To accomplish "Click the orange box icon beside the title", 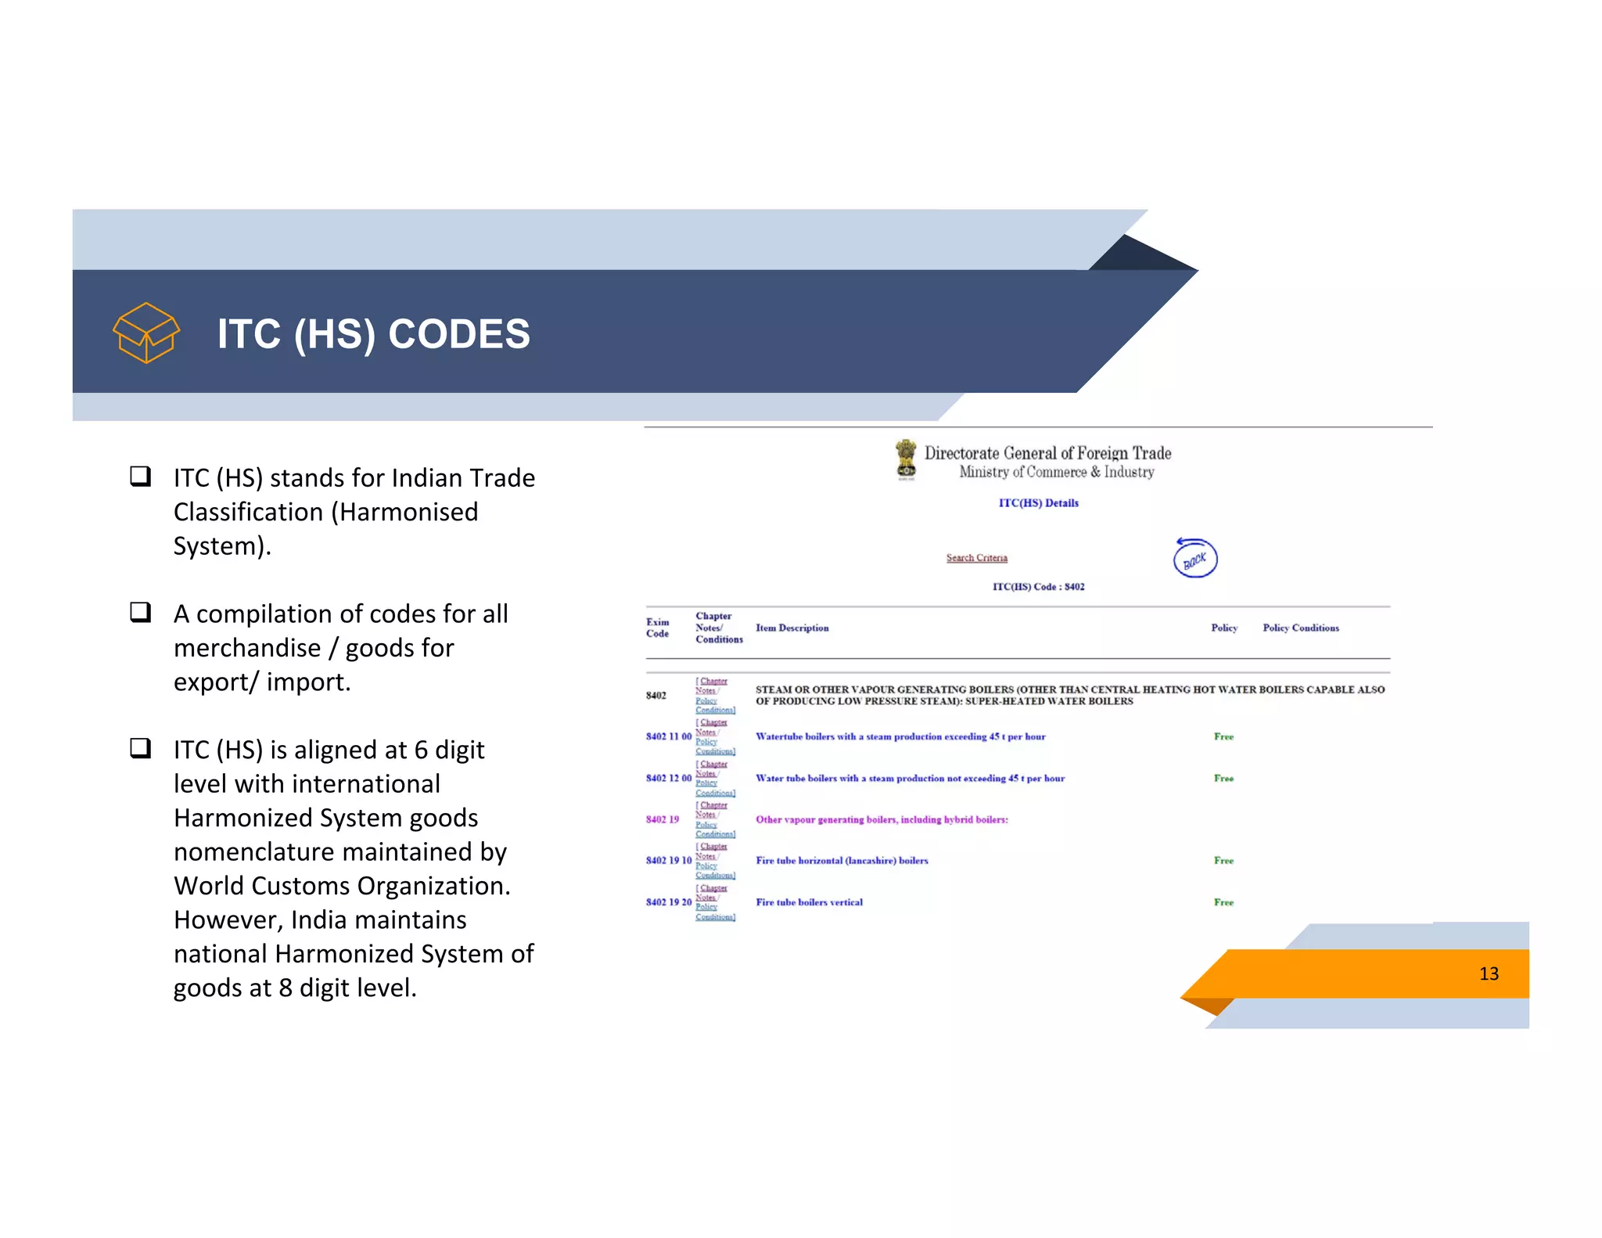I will (x=146, y=333).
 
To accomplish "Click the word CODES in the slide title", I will (x=458, y=334).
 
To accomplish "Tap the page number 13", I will (x=1488, y=973).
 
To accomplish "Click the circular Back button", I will (x=1194, y=559).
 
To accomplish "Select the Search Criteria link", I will (x=976, y=558).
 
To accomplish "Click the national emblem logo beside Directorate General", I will (x=906, y=459).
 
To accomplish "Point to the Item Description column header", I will (x=792, y=628).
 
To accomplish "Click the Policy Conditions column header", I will (x=1300, y=628).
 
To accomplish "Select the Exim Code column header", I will (x=657, y=628).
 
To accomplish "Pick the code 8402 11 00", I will (x=668, y=736).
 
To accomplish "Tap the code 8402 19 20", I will (x=668, y=902).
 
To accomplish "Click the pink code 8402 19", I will (x=662, y=819).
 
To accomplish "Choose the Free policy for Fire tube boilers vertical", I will (x=1223, y=902).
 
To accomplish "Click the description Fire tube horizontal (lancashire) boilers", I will (x=842, y=861).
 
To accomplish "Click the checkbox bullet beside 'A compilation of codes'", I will (x=141, y=612).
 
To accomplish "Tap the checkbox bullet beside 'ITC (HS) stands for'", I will (x=141, y=476).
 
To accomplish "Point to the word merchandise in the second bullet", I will (x=247, y=648).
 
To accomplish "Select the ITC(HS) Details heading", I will (x=1038, y=503).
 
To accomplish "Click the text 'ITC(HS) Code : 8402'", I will (x=1038, y=587).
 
